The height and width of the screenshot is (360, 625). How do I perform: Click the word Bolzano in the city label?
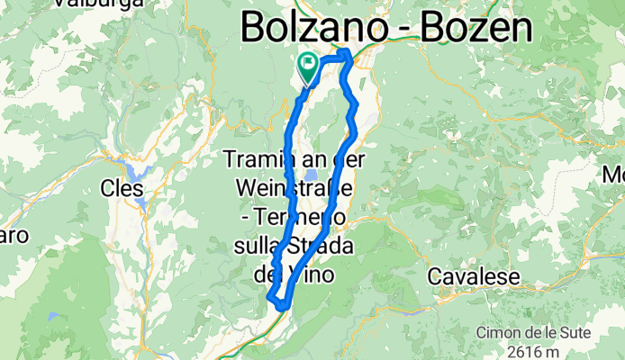pos(310,29)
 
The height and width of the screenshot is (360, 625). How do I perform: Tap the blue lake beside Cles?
pos(137,170)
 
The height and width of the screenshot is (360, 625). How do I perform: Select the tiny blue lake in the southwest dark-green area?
pos(55,318)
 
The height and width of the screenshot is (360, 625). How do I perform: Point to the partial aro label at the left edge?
pos(13,236)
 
